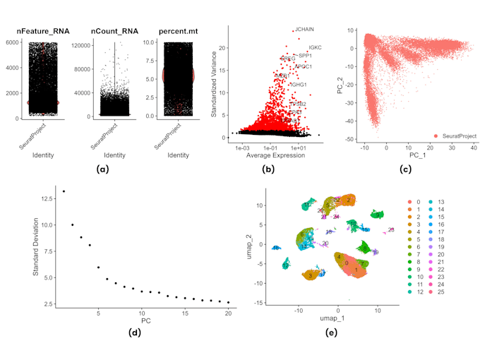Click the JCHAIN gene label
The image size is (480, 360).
point(304,30)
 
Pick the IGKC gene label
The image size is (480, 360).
point(315,47)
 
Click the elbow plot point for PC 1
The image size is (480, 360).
point(64,191)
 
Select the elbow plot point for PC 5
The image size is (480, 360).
point(98,268)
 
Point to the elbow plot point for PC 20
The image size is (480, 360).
point(228,302)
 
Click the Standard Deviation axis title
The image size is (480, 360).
point(37,244)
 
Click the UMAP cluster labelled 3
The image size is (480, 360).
point(311,276)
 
